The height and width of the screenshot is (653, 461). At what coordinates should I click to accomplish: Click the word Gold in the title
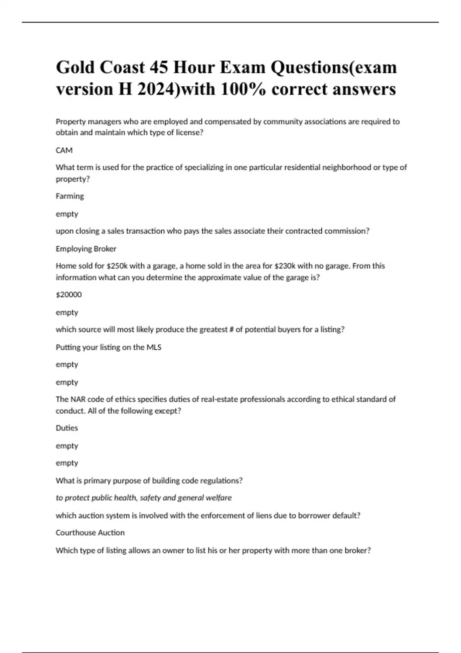tap(75, 68)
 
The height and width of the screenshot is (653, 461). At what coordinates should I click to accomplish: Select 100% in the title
tap(243, 89)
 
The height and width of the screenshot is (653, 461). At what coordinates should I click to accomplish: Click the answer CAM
tap(64, 150)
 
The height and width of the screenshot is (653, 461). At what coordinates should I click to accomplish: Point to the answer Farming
tap(70, 196)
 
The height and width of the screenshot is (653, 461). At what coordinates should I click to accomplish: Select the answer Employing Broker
tap(86, 249)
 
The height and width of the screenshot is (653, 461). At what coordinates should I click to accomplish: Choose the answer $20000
tap(69, 295)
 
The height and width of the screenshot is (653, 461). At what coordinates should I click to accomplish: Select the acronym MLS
tap(154, 347)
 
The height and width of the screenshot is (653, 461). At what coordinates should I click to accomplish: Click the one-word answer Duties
tap(67, 428)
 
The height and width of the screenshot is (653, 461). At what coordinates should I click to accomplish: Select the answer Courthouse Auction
tap(90, 533)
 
